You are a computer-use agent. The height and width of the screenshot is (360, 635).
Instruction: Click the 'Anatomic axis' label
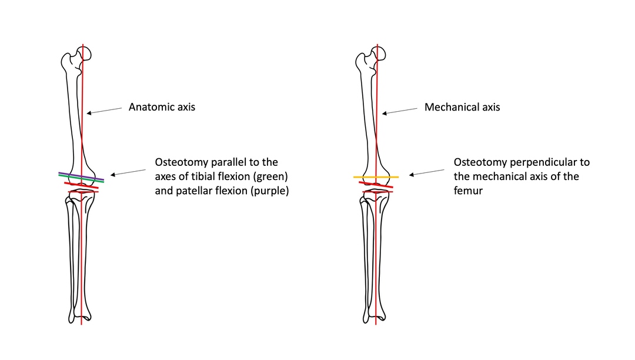[x=162, y=108]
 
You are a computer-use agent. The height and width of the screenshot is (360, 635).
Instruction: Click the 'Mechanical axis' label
[x=462, y=108]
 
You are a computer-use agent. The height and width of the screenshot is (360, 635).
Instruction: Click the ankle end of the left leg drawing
[x=81, y=317]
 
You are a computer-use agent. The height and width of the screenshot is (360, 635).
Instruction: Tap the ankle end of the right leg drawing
[x=375, y=317]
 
